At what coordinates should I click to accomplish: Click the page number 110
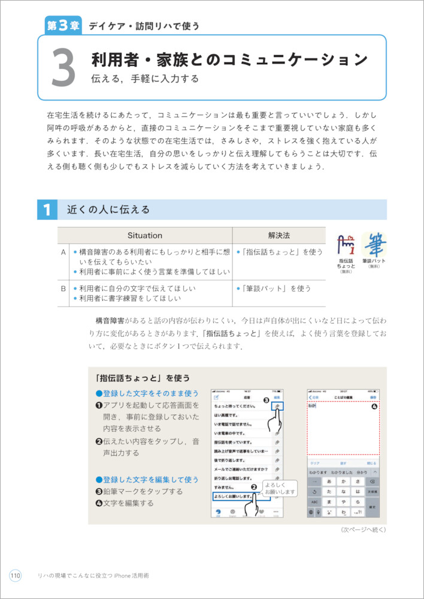[x=15, y=576]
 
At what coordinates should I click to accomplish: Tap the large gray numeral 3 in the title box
[x=63, y=67]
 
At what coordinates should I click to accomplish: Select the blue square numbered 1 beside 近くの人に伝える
[x=46, y=210]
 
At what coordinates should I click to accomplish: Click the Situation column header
[x=145, y=235]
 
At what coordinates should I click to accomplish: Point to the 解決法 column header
[x=278, y=235]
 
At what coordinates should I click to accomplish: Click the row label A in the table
[x=63, y=253]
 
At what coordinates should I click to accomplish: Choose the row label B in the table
[x=63, y=288]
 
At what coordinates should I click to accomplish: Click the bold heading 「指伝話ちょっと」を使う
[x=143, y=378]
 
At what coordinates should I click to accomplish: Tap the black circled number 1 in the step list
[x=99, y=406]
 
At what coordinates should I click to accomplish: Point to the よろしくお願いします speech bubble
[x=280, y=488]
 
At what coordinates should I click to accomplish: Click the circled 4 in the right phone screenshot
[x=374, y=407]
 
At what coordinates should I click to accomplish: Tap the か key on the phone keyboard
[x=343, y=481]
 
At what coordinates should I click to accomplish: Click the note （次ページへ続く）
[x=364, y=530]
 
